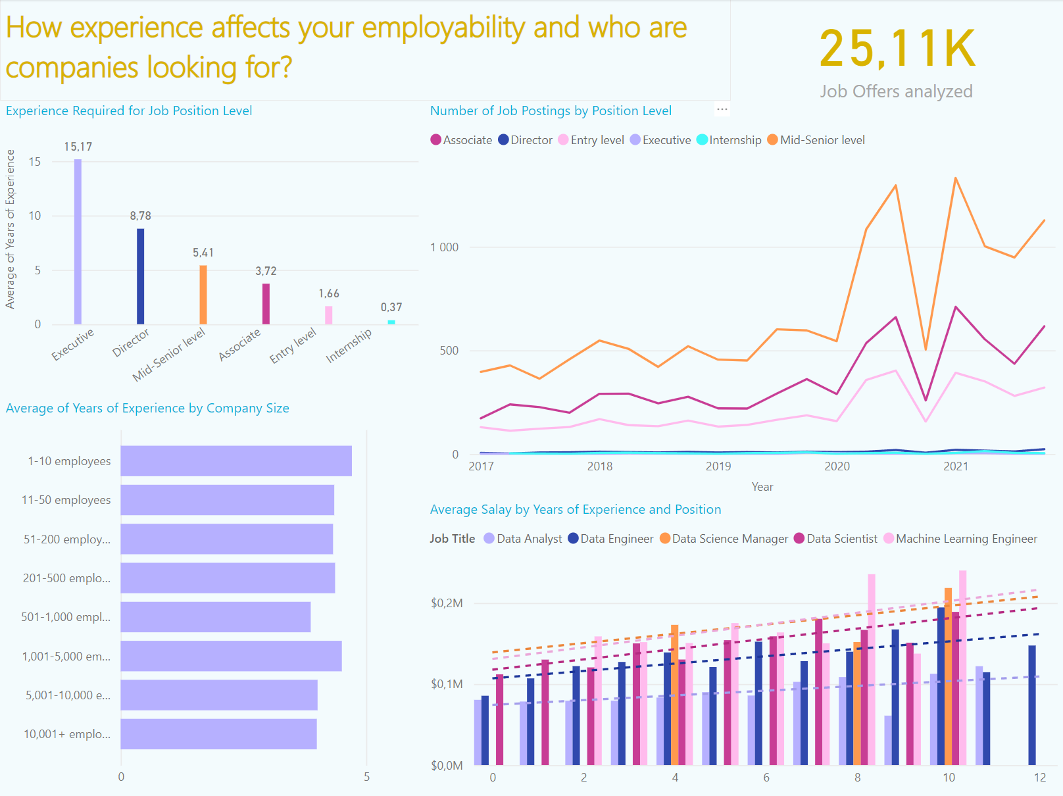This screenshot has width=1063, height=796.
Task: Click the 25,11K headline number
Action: [897, 49]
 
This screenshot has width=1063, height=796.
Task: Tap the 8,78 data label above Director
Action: [140, 216]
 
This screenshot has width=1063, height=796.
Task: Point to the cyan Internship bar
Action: [391, 322]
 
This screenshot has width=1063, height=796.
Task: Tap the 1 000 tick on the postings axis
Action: [444, 247]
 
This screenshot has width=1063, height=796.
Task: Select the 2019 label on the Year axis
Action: [718, 466]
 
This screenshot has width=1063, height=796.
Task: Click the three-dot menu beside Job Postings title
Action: [722, 110]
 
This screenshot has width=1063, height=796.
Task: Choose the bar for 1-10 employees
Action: [236, 460]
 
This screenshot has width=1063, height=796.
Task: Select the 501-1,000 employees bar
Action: [216, 617]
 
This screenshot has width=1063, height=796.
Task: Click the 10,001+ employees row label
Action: [66, 734]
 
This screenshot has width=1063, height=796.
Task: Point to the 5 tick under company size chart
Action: [366, 777]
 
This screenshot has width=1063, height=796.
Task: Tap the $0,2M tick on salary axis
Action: [447, 603]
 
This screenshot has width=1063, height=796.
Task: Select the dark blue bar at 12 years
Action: [1032, 705]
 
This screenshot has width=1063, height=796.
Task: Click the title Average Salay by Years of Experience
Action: [575, 510]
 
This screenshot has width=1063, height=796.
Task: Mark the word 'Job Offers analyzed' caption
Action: [896, 91]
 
